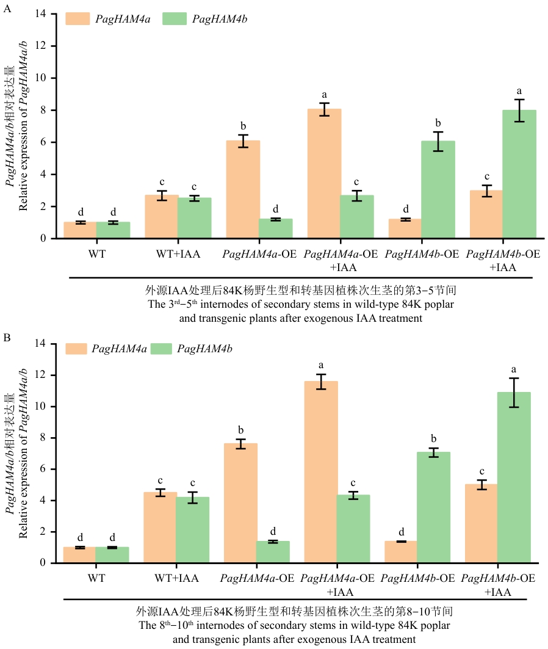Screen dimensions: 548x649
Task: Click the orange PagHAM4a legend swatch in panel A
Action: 78,19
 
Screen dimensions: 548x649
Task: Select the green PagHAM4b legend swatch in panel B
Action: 161,349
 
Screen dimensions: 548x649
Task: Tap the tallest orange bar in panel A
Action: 324,173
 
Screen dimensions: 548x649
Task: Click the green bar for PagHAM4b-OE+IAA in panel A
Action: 519,174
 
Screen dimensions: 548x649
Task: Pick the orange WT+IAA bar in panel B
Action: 160,528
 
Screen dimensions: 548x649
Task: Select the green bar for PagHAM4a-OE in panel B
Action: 273,552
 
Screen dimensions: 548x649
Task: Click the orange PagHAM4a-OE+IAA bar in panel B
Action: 321,472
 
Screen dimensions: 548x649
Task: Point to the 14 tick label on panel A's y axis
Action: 40,13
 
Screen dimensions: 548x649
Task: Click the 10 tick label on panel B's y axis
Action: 40,407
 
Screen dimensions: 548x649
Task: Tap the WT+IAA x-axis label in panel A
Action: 178,254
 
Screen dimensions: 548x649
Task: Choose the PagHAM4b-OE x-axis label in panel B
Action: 418,578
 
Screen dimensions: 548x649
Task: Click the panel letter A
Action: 7,9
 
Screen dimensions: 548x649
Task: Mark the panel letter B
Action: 7,338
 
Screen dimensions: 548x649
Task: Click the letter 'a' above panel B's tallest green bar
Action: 514,369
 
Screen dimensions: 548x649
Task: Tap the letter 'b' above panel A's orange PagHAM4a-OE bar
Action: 243,126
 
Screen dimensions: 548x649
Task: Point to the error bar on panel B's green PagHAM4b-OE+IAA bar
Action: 514,393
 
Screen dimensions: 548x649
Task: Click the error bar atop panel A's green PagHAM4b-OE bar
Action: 438,142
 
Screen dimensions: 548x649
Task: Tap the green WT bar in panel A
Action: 114,230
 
